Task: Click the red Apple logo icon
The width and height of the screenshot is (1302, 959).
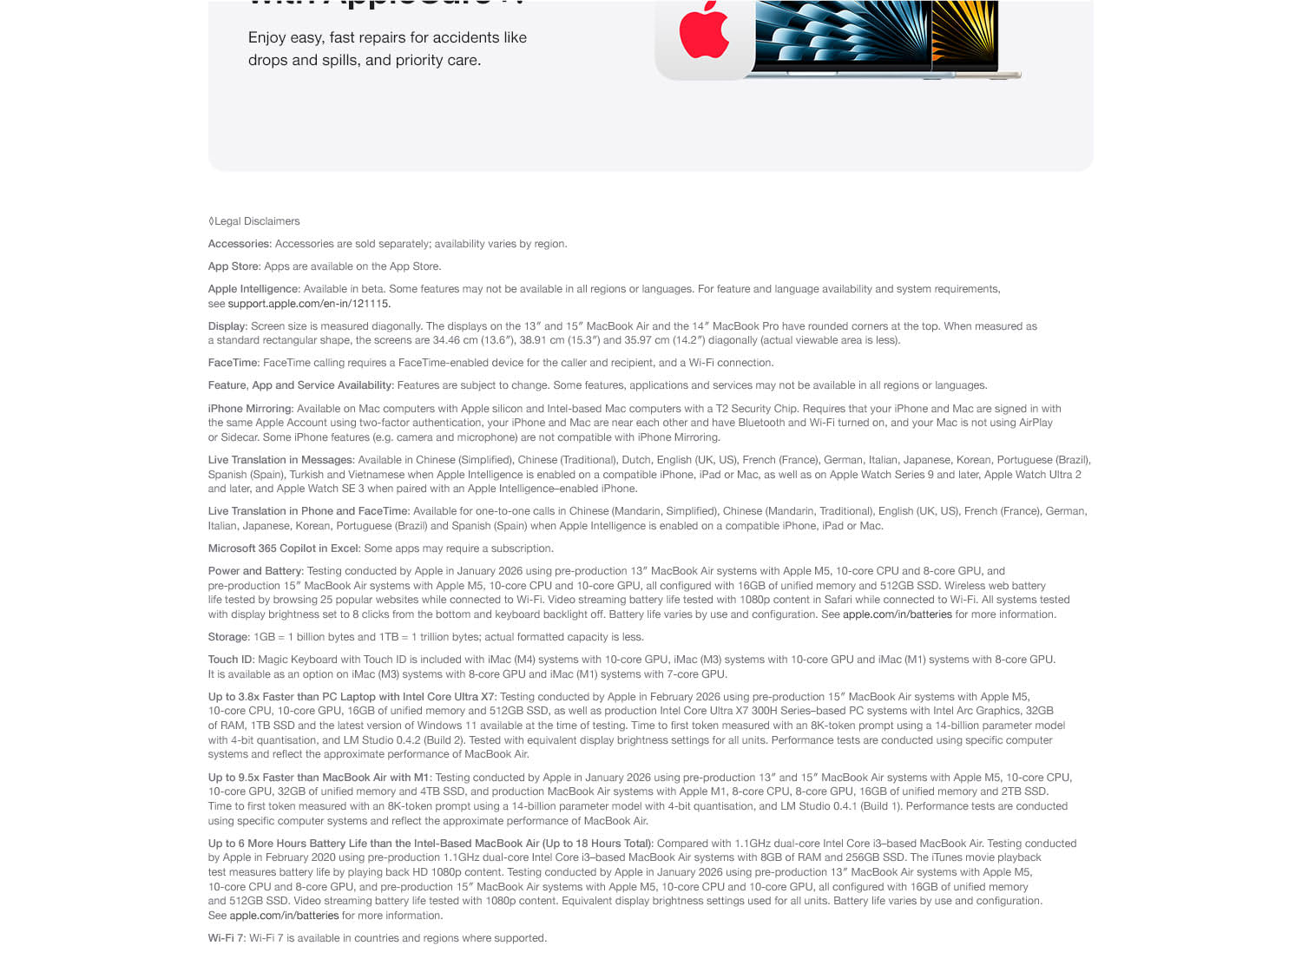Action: (x=704, y=31)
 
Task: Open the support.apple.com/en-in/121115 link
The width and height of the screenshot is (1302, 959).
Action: (x=308, y=304)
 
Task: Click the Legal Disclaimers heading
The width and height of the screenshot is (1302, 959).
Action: (x=256, y=221)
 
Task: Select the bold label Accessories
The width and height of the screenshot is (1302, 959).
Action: (x=239, y=244)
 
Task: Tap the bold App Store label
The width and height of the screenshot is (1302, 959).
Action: (x=233, y=266)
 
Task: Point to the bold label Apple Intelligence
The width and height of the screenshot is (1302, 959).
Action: (x=253, y=289)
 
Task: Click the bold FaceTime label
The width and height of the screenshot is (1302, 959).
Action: (x=233, y=363)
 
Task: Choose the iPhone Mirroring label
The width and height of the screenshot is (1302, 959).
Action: (x=249, y=409)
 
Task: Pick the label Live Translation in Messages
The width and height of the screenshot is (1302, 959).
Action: (x=279, y=460)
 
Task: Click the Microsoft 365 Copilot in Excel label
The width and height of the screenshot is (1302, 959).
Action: (x=283, y=548)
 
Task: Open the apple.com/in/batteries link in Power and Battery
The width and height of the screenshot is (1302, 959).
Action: (x=897, y=614)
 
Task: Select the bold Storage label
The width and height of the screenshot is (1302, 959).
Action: (x=227, y=637)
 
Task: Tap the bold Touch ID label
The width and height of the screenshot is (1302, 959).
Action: (x=230, y=660)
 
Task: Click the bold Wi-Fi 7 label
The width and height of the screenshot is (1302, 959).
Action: (x=226, y=938)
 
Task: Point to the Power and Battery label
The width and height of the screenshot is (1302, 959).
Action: (x=254, y=571)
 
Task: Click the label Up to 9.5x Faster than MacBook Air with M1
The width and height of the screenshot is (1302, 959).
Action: (x=318, y=778)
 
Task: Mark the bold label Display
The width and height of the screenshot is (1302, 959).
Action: (x=227, y=326)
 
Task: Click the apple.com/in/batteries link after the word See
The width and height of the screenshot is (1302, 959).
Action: (x=284, y=916)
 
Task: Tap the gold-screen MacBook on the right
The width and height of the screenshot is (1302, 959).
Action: (x=964, y=35)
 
